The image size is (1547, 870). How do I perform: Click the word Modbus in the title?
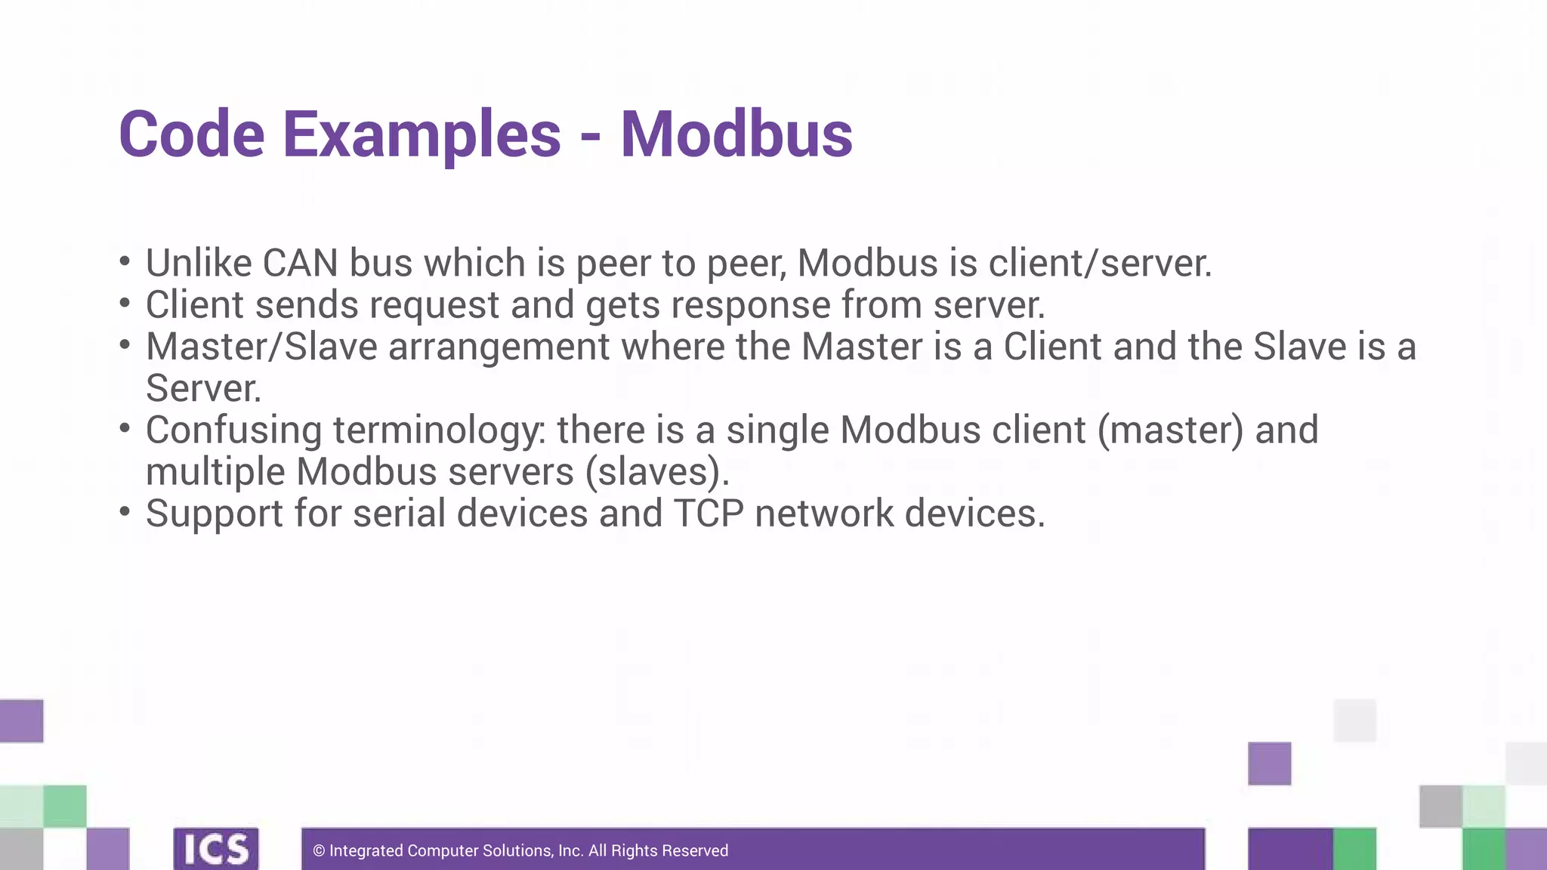736,134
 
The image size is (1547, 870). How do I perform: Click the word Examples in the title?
421,134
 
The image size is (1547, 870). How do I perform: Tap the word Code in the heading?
192,134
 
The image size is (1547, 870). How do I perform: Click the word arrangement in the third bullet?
499,347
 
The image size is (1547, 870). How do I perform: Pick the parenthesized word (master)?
1169,430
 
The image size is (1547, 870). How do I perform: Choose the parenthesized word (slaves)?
656,472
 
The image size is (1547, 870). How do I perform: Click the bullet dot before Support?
125,511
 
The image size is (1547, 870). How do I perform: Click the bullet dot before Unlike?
125,261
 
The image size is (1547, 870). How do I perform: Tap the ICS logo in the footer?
216,849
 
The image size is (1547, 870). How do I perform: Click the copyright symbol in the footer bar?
319,851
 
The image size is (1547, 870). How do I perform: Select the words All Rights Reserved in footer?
658,851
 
